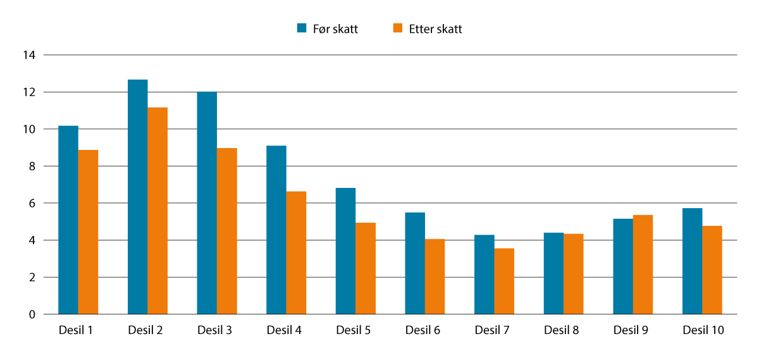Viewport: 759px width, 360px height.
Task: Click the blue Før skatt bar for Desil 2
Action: pyautogui.click(x=138, y=197)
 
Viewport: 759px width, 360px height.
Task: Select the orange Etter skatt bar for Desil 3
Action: pyautogui.click(x=227, y=231)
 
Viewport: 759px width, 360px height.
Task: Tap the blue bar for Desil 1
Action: pyautogui.click(x=68, y=220)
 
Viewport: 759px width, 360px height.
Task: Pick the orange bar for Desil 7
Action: pyautogui.click(x=505, y=281)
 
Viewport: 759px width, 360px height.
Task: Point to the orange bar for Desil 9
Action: pyautogui.click(x=643, y=264)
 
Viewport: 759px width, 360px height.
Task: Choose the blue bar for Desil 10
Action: pyautogui.click(x=693, y=261)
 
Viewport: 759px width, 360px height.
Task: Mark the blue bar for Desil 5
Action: pyautogui.click(x=345, y=251)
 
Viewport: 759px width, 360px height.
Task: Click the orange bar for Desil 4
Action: pyautogui.click(x=297, y=252)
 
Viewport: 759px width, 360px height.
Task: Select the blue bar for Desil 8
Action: pyautogui.click(x=553, y=273)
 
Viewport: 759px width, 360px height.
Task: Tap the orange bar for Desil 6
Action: pyautogui.click(x=435, y=276)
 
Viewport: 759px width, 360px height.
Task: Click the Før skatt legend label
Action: pyautogui.click(x=335, y=29)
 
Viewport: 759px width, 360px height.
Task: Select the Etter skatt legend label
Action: pyautogui.click(x=435, y=29)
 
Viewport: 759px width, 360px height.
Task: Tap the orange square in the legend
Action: pyautogui.click(x=398, y=28)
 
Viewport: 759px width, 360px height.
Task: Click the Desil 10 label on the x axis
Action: pyautogui.click(x=703, y=330)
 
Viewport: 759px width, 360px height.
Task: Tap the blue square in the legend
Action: pyautogui.click(x=302, y=28)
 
